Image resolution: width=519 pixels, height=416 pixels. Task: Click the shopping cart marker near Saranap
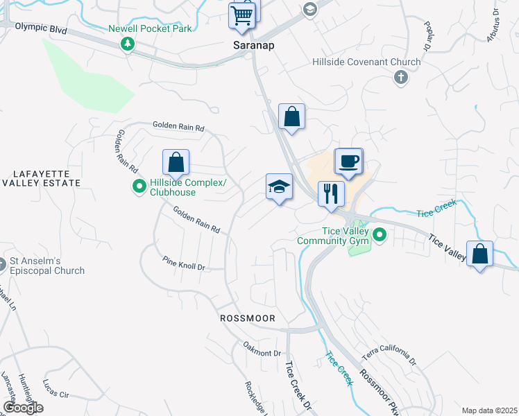(243, 15)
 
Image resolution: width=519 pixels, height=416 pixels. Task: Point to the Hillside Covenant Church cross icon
(400, 77)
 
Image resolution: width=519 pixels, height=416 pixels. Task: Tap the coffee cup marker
(348, 162)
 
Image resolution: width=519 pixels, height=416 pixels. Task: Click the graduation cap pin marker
(279, 187)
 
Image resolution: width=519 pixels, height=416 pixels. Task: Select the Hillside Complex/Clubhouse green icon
(139, 186)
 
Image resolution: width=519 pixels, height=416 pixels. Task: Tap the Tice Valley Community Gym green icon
(379, 236)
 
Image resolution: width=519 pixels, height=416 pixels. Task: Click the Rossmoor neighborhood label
(248, 318)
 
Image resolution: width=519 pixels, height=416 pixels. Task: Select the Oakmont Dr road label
(261, 348)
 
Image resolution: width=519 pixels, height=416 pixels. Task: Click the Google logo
(23, 408)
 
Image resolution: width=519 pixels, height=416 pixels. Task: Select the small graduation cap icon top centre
(309, 9)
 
